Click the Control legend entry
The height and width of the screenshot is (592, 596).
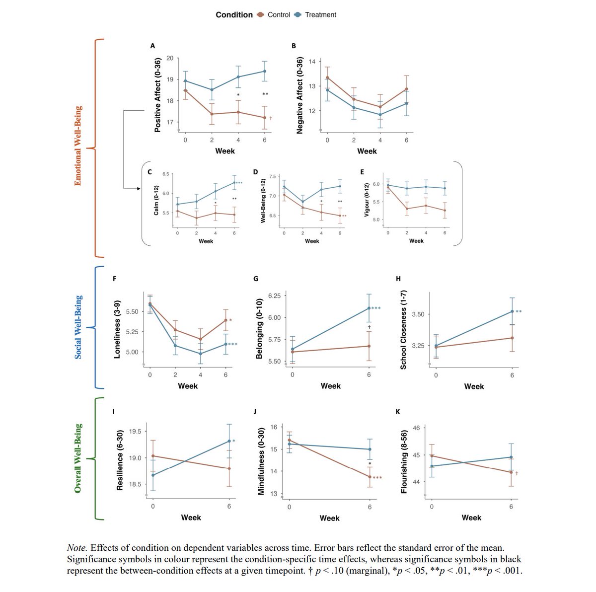click(274, 15)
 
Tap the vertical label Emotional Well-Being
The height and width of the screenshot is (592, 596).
click(77, 146)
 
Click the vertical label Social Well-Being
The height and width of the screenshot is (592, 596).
click(78, 327)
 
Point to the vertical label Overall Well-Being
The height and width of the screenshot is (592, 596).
click(77, 458)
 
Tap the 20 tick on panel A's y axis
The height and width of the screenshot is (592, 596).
click(170, 58)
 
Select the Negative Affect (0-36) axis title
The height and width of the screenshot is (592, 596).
click(299, 95)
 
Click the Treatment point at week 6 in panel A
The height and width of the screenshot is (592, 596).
click(265, 71)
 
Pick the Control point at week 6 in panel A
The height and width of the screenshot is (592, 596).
click(265, 118)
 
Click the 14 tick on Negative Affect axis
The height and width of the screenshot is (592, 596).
click(312, 62)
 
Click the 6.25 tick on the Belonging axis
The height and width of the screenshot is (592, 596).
click(275, 296)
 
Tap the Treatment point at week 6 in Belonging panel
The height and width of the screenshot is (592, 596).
click(369, 308)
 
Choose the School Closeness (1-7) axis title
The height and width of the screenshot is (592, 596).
click(403, 330)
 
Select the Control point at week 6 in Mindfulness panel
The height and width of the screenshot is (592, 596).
click(370, 477)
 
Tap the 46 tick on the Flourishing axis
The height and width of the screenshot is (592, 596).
click(416, 428)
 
